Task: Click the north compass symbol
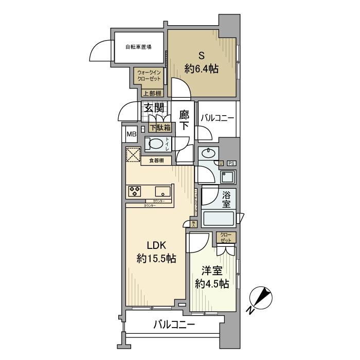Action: (x=259, y=299)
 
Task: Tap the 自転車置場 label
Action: (x=138, y=47)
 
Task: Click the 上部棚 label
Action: (x=152, y=94)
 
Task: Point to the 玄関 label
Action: (x=154, y=108)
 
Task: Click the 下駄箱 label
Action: (x=160, y=127)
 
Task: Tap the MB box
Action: (x=131, y=135)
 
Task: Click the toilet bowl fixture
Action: (x=155, y=143)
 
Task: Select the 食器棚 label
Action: (x=156, y=161)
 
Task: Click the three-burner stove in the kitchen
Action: (x=135, y=191)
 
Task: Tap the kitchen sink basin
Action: (x=163, y=191)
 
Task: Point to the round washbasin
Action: (x=209, y=153)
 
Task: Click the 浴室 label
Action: (x=227, y=200)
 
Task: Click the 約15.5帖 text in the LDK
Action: (x=156, y=259)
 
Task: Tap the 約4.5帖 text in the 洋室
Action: (x=212, y=283)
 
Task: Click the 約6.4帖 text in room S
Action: (x=202, y=68)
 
